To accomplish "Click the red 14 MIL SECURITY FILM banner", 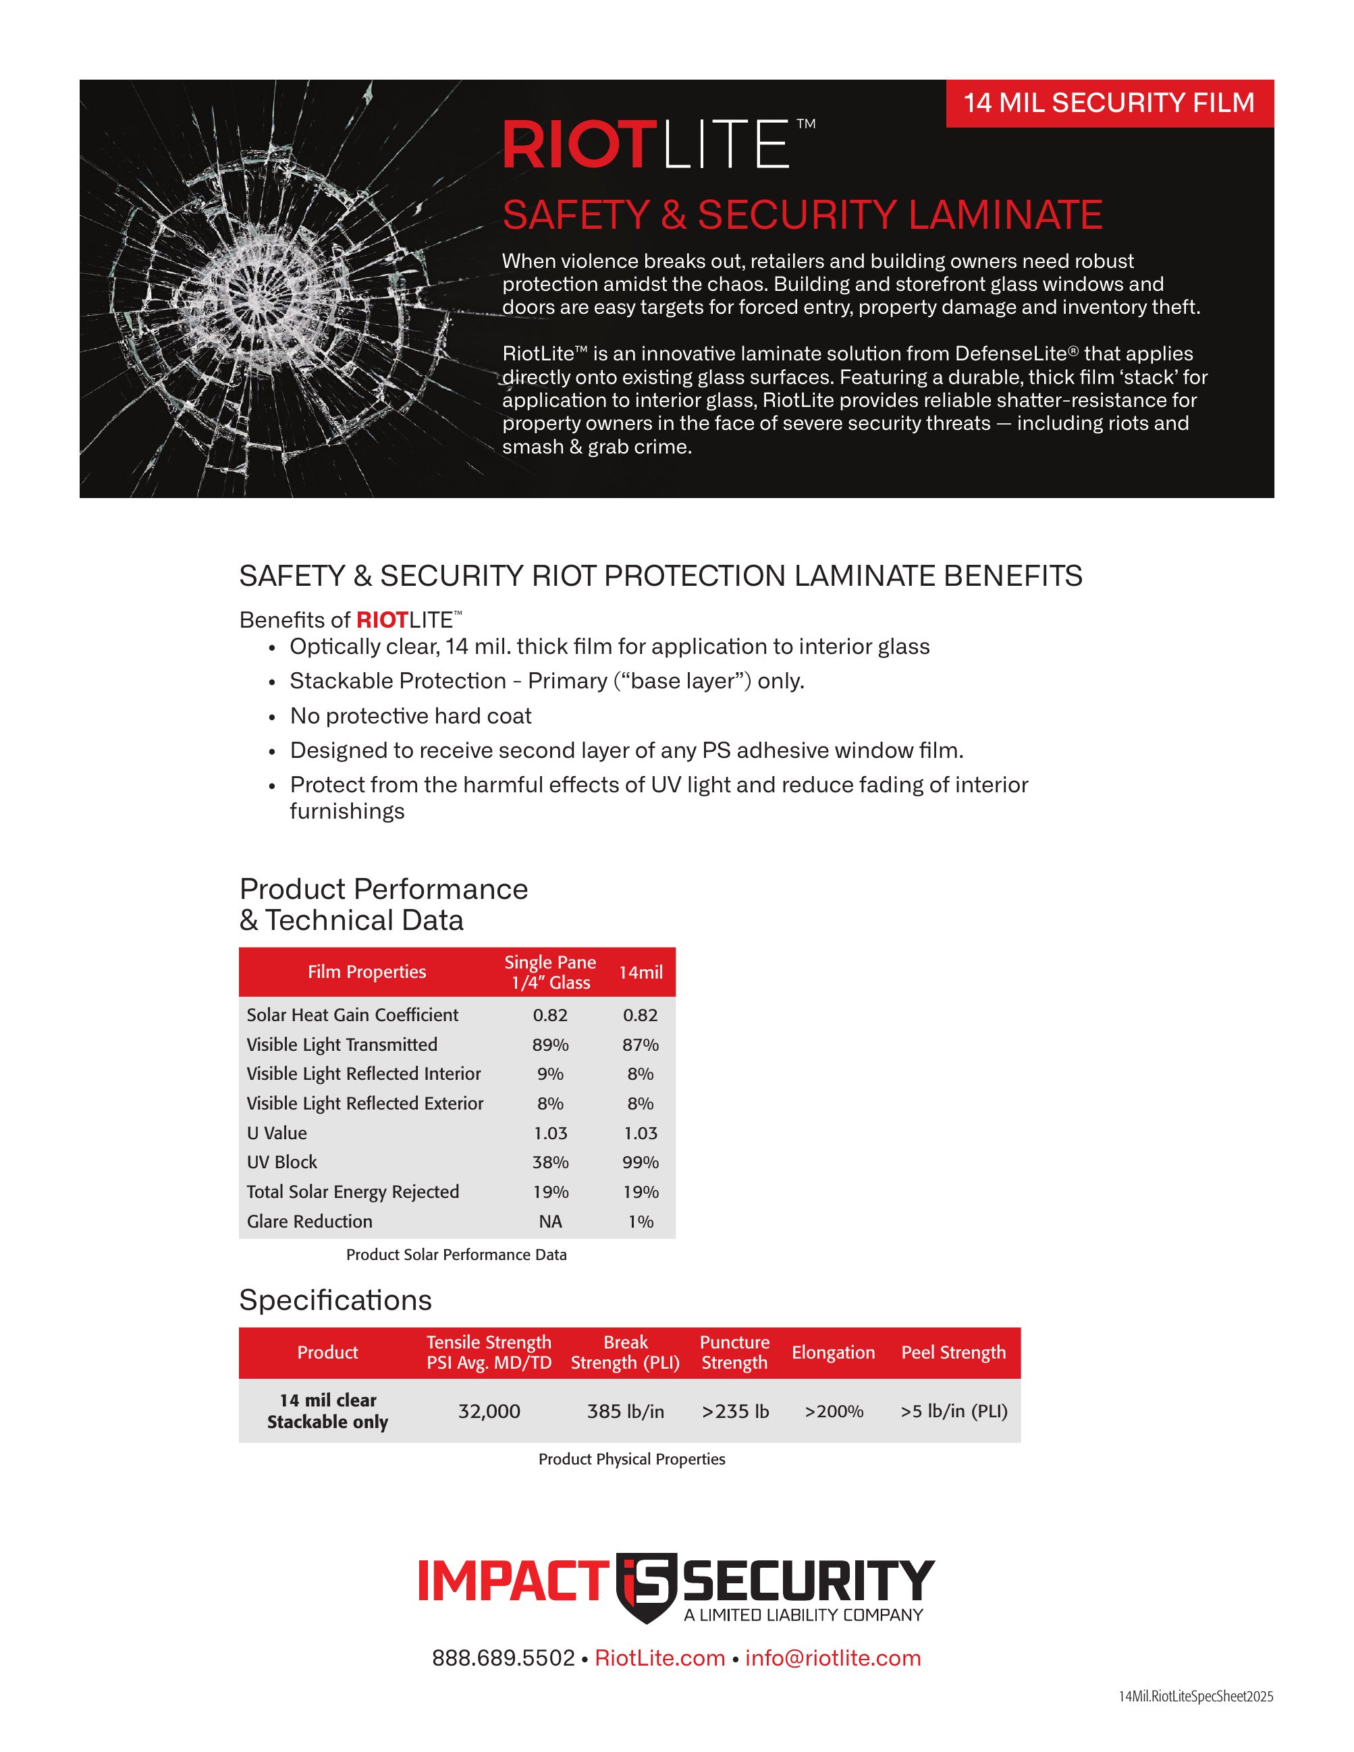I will click(x=1110, y=103).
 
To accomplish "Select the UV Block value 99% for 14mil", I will click(x=640, y=1161).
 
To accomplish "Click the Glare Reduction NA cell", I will click(x=550, y=1221).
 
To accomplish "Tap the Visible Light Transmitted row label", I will click(x=342, y=1045).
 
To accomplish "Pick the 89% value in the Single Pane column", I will click(x=550, y=1045).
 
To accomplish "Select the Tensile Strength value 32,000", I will click(x=489, y=1411).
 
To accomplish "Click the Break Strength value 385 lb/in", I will click(x=625, y=1411).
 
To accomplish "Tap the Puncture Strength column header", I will click(x=734, y=1352).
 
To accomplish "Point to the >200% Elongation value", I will click(x=834, y=1411).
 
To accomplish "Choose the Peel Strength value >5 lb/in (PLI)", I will click(x=954, y=1411).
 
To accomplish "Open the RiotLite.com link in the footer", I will click(x=659, y=1658).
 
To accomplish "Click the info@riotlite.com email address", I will click(x=833, y=1658).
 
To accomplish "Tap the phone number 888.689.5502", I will click(x=503, y=1658).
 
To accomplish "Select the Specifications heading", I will click(x=335, y=1301).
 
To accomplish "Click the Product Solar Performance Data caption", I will click(x=456, y=1255).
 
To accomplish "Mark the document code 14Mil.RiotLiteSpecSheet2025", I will click(x=1196, y=1697).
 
